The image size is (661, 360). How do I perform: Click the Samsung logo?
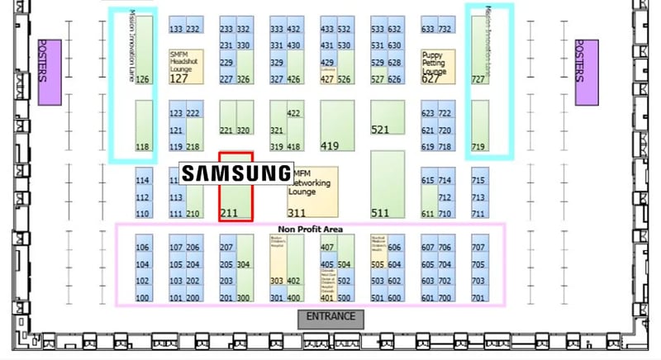(x=236, y=173)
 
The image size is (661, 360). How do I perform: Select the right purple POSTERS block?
(x=586, y=73)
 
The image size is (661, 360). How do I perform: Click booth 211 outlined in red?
(x=235, y=187)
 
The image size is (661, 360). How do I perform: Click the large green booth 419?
(x=336, y=126)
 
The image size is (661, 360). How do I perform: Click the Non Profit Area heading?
(x=311, y=229)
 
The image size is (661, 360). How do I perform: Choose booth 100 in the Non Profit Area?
(x=144, y=297)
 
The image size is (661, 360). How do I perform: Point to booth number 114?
(x=144, y=180)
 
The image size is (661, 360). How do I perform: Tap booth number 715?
(x=479, y=180)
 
